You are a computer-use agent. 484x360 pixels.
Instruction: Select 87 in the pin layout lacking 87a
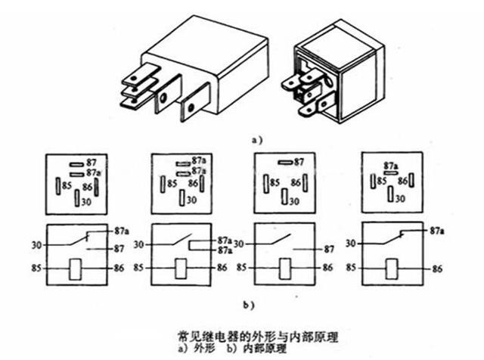299,161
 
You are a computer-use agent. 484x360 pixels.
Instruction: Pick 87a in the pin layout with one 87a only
391,163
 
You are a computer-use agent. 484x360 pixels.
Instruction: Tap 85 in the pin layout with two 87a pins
172,182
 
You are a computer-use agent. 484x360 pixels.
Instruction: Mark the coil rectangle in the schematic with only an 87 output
285,268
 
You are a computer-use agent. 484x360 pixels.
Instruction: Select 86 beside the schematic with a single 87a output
437,268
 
